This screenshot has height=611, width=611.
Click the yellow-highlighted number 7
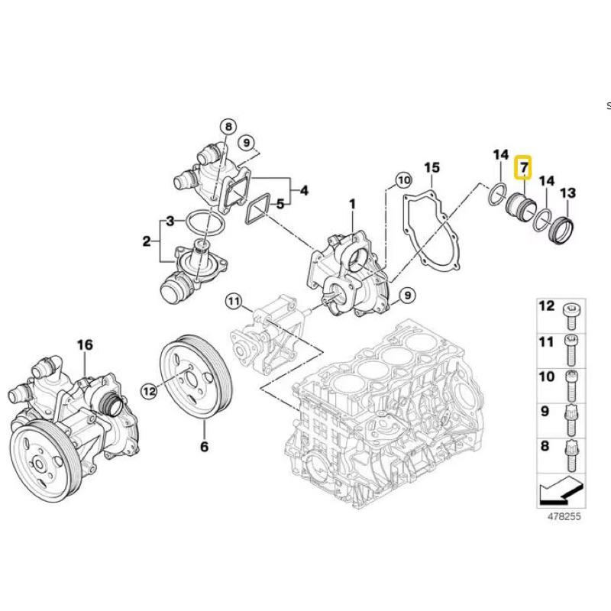click(x=523, y=166)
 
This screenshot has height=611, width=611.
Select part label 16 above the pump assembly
click(x=84, y=346)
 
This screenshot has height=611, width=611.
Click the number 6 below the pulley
click(x=204, y=447)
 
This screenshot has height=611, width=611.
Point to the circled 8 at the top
click(x=227, y=126)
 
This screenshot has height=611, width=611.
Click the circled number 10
click(x=402, y=181)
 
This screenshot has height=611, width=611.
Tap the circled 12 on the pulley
click(x=149, y=390)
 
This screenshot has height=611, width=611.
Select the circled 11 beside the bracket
click(x=232, y=300)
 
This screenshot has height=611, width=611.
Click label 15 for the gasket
click(x=432, y=167)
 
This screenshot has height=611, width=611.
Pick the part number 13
click(x=568, y=193)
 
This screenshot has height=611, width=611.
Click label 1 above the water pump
click(x=352, y=204)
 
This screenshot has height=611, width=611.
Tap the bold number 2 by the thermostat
click(x=147, y=242)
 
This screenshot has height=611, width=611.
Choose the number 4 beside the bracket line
click(x=304, y=190)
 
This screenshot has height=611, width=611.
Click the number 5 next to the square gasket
click(x=280, y=204)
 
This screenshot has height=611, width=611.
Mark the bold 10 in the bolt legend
click(x=546, y=377)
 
